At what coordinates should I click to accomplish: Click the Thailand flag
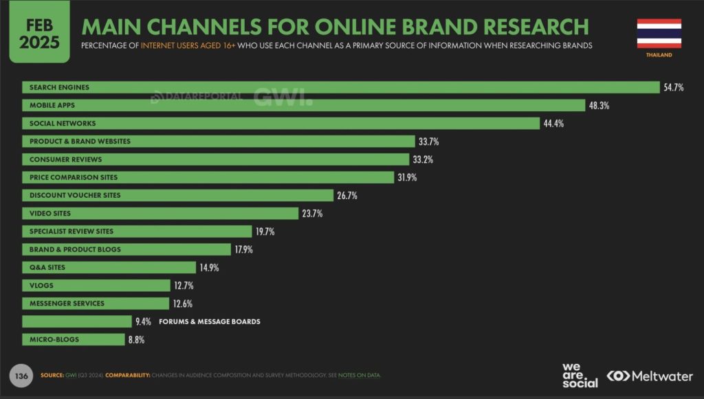click(x=659, y=33)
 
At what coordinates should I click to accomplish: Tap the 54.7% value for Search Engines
click(x=673, y=88)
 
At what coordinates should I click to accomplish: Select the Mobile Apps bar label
click(x=52, y=106)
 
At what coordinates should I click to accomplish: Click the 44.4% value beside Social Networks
click(x=553, y=124)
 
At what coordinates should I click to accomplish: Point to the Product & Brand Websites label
click(x=80, y=141)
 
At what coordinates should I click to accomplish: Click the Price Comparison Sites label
click(x=74, y=177)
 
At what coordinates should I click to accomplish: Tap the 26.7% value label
click(x=347, y=196)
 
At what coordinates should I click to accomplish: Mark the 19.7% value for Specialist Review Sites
click(x=265, y=231)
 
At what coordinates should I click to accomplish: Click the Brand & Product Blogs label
click(x=75, y=249)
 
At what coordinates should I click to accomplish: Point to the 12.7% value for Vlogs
click(x=184, y=285)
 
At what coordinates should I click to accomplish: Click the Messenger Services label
click(x=67, y=303)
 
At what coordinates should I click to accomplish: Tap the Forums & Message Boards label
click(x=210, y=321)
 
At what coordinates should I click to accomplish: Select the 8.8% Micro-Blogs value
click(x=135, y=339)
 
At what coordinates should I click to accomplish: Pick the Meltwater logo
click(x=649, y=376)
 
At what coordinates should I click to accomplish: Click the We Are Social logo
click(x=580, y=375)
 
